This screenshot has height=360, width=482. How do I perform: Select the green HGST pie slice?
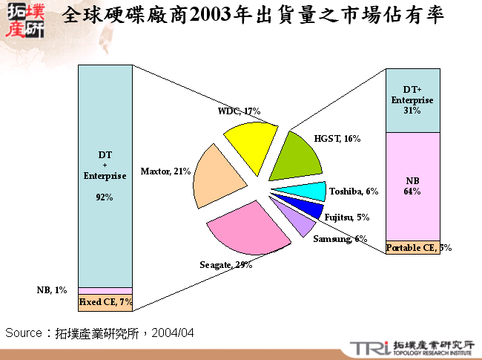(295, 157)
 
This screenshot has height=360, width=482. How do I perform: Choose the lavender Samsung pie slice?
(296, 222)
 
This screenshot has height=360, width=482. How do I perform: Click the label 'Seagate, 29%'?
(226, 265)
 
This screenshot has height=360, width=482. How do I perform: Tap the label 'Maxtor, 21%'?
(166, 171)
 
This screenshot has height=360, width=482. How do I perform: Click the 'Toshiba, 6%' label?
(354, 192)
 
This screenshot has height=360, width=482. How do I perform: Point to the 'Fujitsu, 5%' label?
(347, 217)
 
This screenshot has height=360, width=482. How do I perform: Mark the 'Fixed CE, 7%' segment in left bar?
(105, 301)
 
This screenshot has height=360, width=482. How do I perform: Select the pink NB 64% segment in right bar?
(413, 186)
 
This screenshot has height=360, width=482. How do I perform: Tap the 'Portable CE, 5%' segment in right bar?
(413, 247)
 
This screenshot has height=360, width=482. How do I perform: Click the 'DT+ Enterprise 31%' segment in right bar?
(413, 100)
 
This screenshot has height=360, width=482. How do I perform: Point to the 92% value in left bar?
(105, 197)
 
